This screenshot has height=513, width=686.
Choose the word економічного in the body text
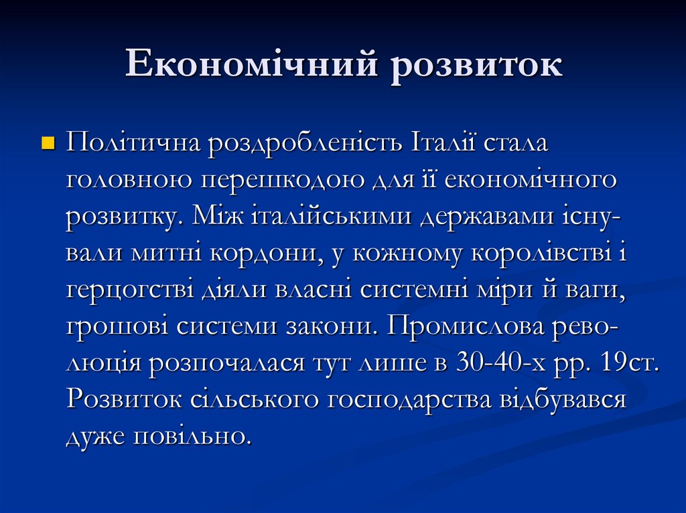click(531, 181)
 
